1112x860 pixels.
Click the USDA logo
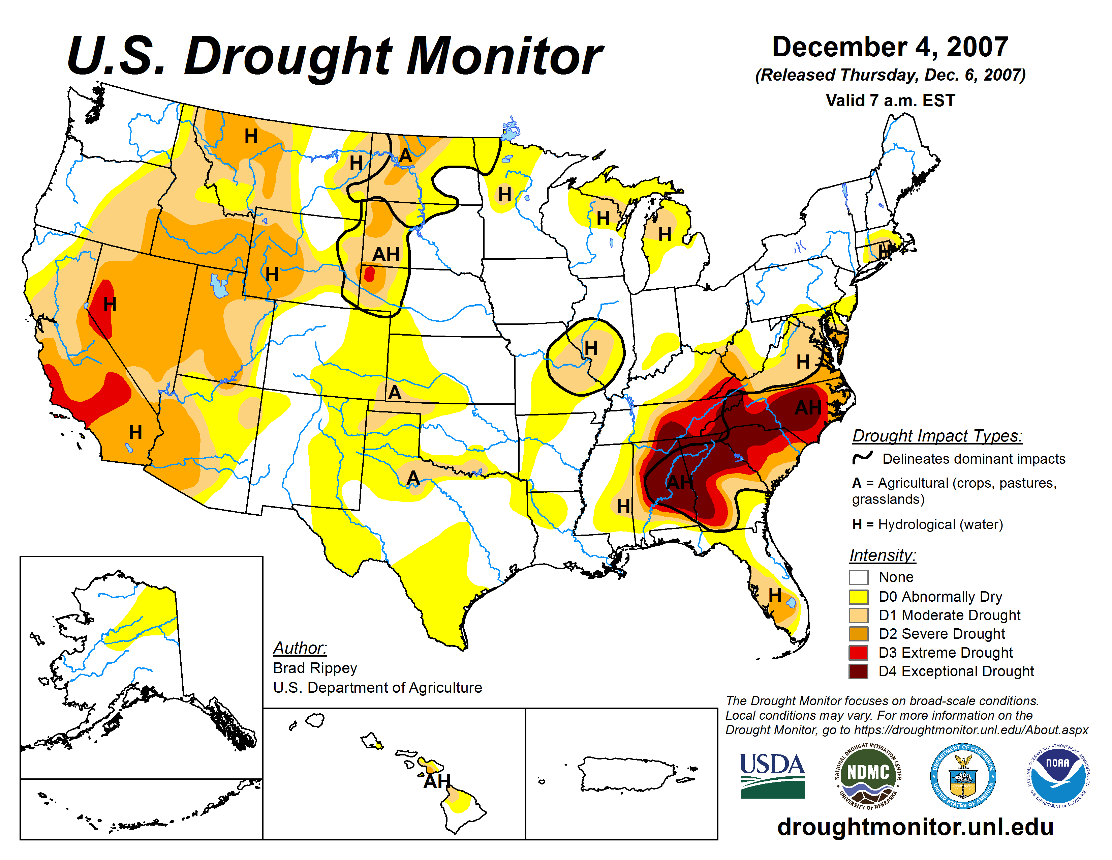(x=772, y=775)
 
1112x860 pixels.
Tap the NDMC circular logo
(x=868, y=775)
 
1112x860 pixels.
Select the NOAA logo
(x=1057, y=775)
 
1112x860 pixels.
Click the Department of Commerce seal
(x=963, y=775)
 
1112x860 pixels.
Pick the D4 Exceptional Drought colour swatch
(x=859, y=671)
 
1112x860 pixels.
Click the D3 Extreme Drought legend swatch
(x=859, y=653)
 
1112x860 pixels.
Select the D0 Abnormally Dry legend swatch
(x=859, y=597)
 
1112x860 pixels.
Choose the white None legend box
(x=859, y=577)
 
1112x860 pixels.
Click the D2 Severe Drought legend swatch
(x=859, y=634)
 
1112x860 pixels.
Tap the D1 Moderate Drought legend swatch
(x=859, y=615)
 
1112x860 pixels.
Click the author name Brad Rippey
(x=315, y=668)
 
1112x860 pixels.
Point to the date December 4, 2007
(x=890, y=47)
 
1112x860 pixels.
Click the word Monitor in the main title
(x=504, y=56)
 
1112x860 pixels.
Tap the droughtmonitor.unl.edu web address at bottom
(x=915, y=826)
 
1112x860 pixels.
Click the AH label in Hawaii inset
(x=437, y=781)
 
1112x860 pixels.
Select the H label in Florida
(x=774, y=595)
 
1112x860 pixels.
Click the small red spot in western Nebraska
(x=370, y=274)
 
